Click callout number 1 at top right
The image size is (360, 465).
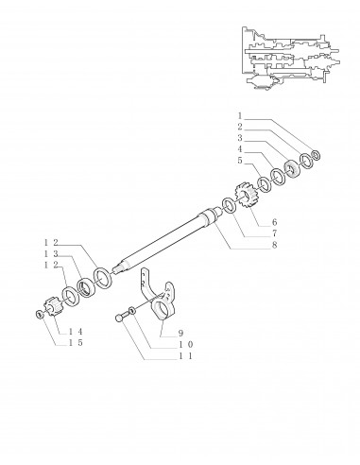click(240, 115)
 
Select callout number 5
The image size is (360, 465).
click(240, 161)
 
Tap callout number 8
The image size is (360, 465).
click(274, 245)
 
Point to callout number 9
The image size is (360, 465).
click(180, 333)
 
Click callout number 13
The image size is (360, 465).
click(51, 253)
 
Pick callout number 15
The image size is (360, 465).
click(76, 342)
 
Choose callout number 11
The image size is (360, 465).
click(185, 356)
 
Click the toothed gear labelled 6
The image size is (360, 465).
click(247, 196)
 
